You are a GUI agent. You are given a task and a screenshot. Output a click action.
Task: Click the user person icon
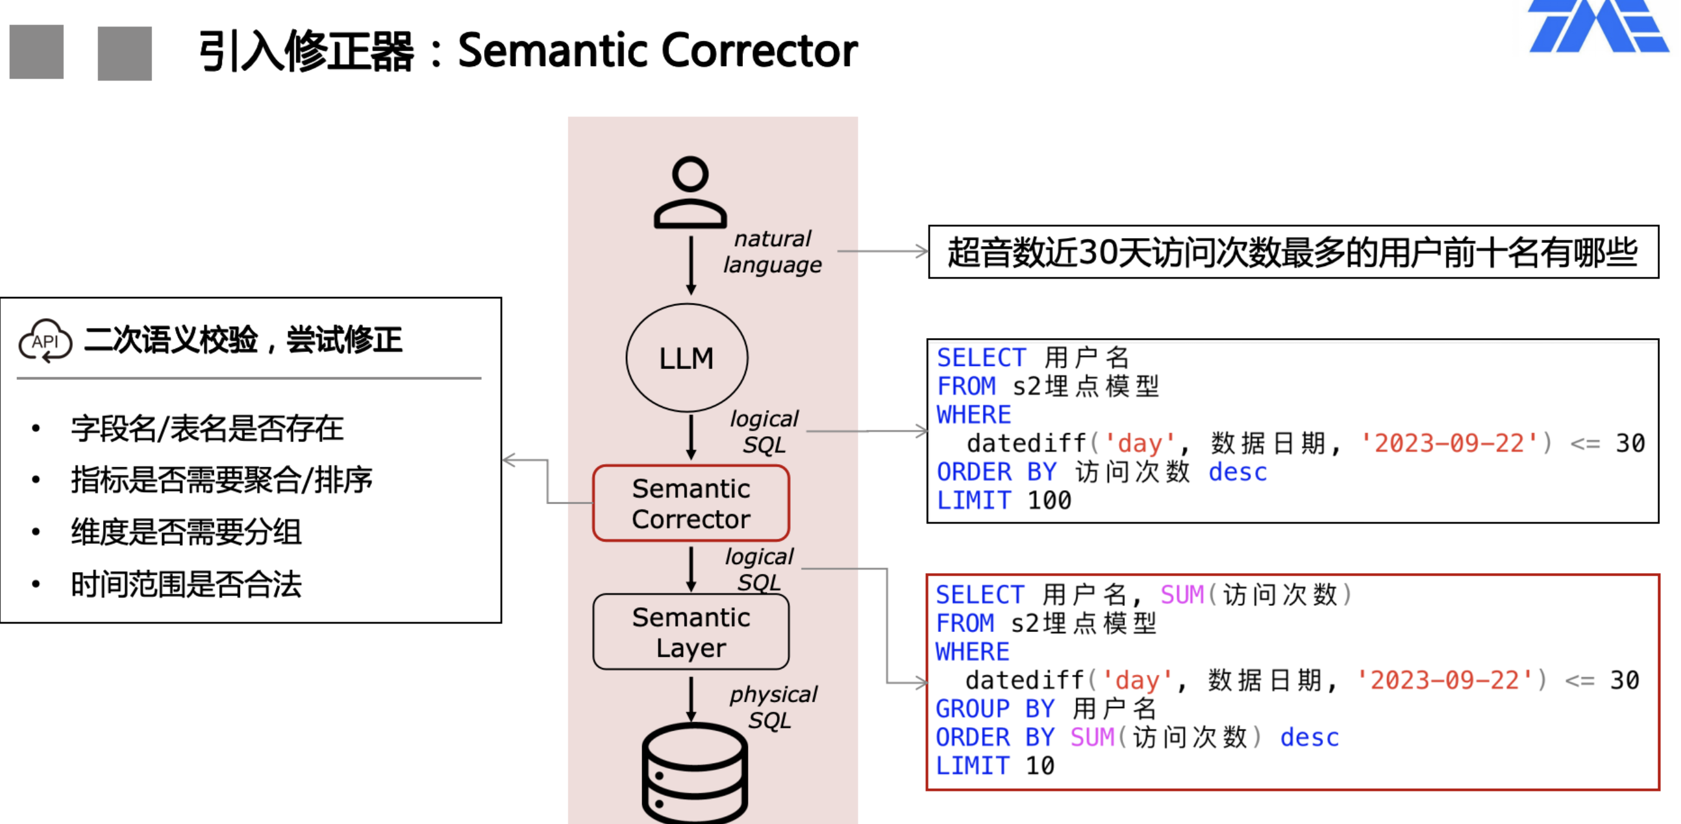[x=690, y=192]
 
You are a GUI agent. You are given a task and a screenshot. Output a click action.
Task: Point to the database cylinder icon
[x=694, y=773]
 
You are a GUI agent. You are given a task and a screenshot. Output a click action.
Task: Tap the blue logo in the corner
[x=1599, y=26]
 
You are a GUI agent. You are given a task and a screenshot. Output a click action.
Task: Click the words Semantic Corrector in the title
[x=657, y=50]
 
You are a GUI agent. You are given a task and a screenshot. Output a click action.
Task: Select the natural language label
[x=773, y=252]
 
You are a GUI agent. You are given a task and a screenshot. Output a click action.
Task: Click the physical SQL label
[x=773, y=707]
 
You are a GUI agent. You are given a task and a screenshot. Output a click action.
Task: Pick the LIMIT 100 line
[x=1004, y=500]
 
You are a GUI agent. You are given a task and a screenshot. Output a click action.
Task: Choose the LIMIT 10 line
[x=994, y=765]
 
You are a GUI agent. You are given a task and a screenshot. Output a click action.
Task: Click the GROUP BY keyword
[x=994, y=708]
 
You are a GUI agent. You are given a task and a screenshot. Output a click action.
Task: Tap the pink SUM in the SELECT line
[x=1182, y=594]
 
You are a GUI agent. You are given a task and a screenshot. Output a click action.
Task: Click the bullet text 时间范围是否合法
[x=186, y=584]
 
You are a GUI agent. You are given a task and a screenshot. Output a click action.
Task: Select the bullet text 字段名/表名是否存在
[x=207, y=428]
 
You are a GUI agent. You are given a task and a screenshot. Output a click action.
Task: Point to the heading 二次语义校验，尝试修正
[x=243, y=339]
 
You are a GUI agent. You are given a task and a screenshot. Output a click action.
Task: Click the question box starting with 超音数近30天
[x=1293, y=252]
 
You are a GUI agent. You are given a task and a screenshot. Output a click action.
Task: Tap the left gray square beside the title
[x=36, y=51]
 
